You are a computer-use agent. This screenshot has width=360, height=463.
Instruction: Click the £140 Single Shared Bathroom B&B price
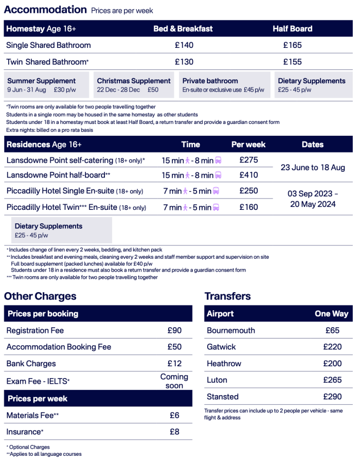point(184,45)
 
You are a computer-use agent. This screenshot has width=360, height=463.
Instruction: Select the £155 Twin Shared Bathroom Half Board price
point(292,62)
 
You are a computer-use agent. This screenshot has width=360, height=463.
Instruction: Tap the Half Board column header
point(292,29)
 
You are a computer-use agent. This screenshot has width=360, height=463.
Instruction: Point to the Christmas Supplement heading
point(134,81)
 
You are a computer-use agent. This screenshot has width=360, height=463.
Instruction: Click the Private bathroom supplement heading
point(210,81)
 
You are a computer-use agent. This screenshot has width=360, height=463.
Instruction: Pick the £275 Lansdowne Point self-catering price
point(249,160)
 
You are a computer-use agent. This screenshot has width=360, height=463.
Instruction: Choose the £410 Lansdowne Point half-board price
point(249,175)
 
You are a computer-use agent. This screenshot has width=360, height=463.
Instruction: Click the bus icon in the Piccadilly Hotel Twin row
point(216,207)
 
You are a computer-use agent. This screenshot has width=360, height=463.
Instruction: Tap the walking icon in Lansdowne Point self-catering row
point(188,161)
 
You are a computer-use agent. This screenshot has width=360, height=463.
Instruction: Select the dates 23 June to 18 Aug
point(313,167)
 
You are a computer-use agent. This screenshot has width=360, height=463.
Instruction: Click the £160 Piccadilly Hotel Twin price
point(249,207)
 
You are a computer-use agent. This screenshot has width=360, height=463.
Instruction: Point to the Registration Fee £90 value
point(174,330)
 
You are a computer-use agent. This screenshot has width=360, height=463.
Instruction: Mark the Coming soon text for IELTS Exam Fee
point(174,381)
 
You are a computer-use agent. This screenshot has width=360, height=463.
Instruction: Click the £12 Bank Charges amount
point(174,364)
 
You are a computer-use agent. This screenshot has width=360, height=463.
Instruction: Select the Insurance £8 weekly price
point(174,432)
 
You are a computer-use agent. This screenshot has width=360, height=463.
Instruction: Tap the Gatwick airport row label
point(221,347)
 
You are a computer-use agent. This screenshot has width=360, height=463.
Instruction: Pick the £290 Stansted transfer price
point(333,397)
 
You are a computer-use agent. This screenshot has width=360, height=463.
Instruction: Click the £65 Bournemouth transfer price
point(333,330)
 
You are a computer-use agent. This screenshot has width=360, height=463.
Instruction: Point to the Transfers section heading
point(227,296)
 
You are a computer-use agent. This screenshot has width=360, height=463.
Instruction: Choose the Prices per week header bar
point(98,399)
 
